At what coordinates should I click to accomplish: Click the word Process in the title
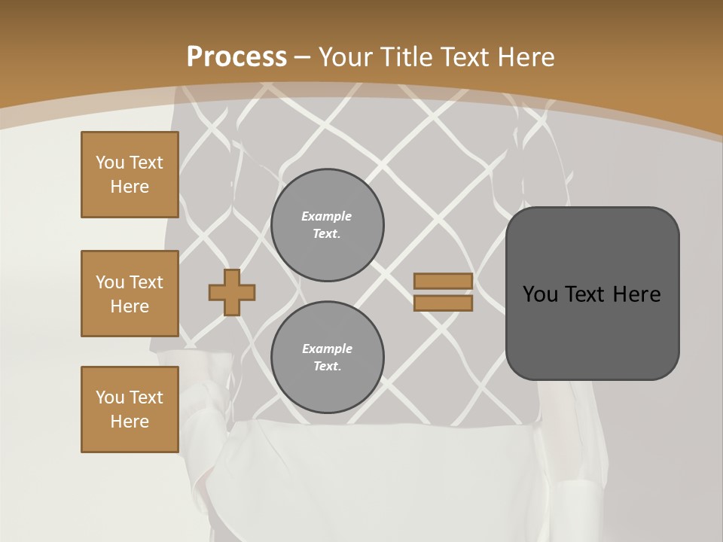(236, 57)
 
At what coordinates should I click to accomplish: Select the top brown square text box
(130, 175)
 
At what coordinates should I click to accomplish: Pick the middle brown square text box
(130, 294)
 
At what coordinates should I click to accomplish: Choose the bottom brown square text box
(130, 410)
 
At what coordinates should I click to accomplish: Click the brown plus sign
(232, 292)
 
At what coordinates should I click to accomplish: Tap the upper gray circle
(328, 225)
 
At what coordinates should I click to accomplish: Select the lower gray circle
(328, 358)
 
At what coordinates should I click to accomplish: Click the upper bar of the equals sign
(444, 282)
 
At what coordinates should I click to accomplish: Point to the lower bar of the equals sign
(444, 303)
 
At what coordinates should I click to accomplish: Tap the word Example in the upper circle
(327, 216)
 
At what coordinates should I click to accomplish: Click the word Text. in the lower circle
(327, 367)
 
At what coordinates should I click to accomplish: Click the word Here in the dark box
(637, 294)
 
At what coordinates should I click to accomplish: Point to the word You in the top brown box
(109, 163)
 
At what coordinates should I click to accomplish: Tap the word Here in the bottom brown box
(130, 422)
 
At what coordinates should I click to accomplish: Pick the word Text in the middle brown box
(146, 282)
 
